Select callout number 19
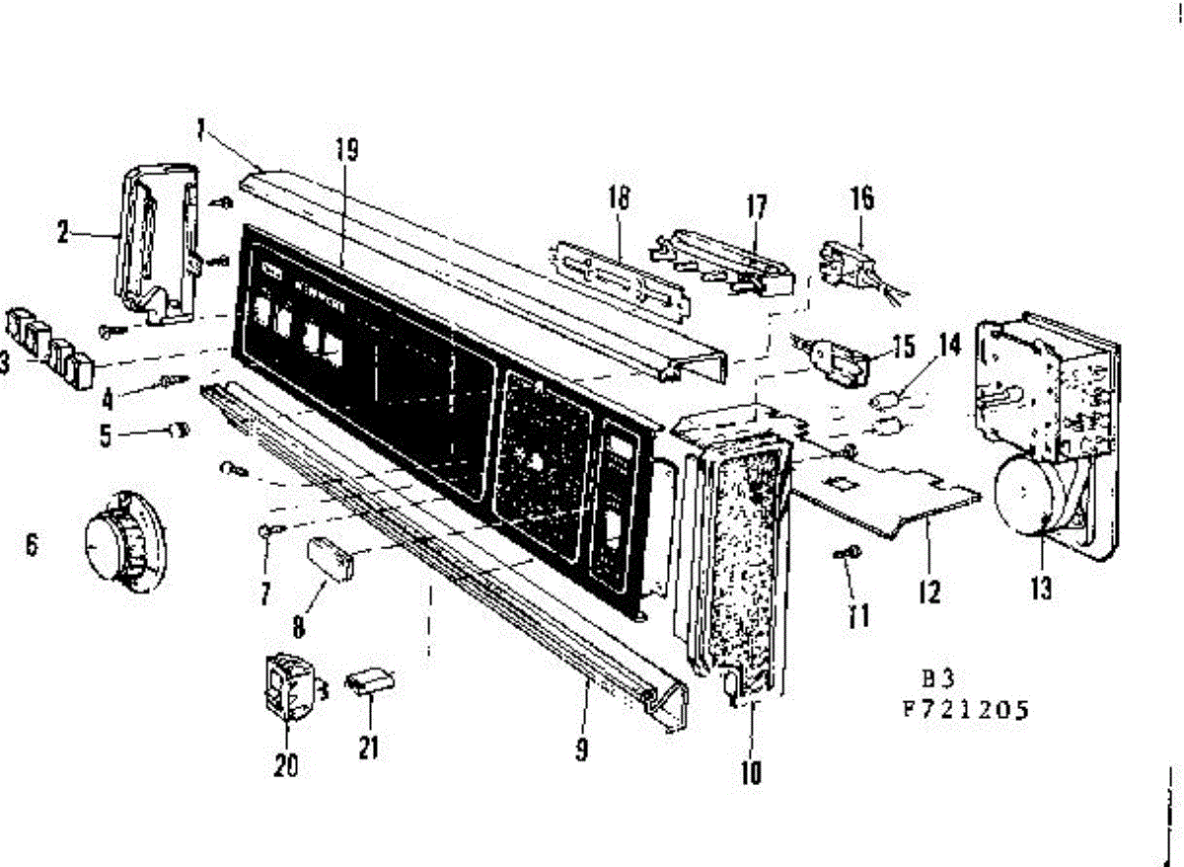(346, 150)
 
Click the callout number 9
(582, 749)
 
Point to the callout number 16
(862, 197)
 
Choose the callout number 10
(751, 772)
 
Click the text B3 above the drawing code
(938, 680)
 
